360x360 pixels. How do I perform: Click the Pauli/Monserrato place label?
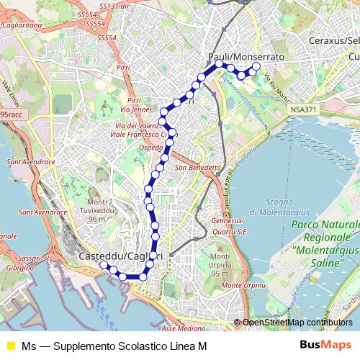pyautogui.click(x=246, y=56)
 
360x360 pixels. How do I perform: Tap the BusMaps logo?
pyautogui.click(x=325, y=346)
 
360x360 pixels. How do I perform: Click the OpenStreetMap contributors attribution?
pyautogui.click(x=297, y=323)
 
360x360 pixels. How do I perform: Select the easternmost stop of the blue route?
pyautogui.click(x=256, y=67)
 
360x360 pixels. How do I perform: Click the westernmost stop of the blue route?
pyautogui.click(x=104, y=265)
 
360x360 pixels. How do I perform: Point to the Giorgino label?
pyautogui.click(x=15, y=267)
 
